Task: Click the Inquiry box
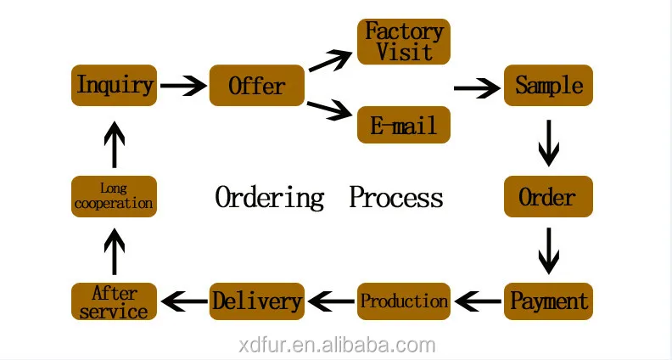(x=115, y=85)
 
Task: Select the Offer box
(x=256, y=85)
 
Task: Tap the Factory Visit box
(x=404, y=42)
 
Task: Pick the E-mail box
(x=404, y=125)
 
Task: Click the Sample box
(x=548, y=85)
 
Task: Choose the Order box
(x=548, y=197)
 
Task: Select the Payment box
(x=548, y=301)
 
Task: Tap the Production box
(x=404, y=301)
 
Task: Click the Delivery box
(x=256, y=301)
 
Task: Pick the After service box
(x=115, y=301)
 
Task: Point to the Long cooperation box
(x=115, y=197)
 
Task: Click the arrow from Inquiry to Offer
(x=183, y=85)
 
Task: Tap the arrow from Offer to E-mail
(x=330, y=109)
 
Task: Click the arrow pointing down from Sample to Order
(x=549, y=142)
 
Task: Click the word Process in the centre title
(x=396, y=198)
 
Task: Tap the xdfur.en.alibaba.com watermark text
(x=335, y=346)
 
